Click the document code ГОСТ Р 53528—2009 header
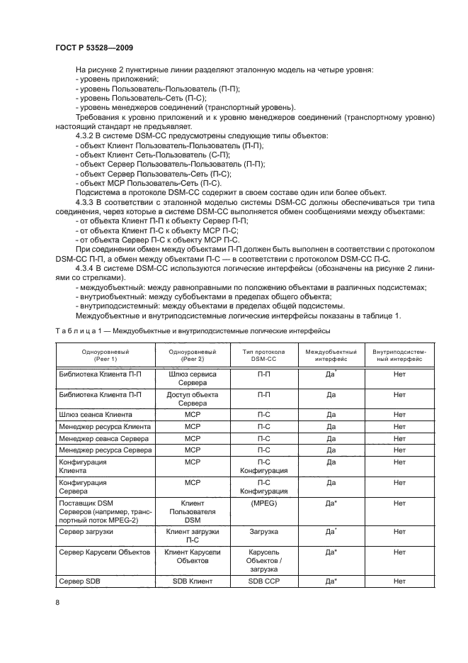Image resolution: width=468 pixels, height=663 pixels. tap(94, 46)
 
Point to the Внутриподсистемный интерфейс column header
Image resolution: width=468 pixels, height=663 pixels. tap(399, 355)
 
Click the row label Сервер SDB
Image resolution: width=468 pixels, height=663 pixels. tap(80, 581)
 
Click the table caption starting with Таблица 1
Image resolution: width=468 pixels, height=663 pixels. tap(193, 331)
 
